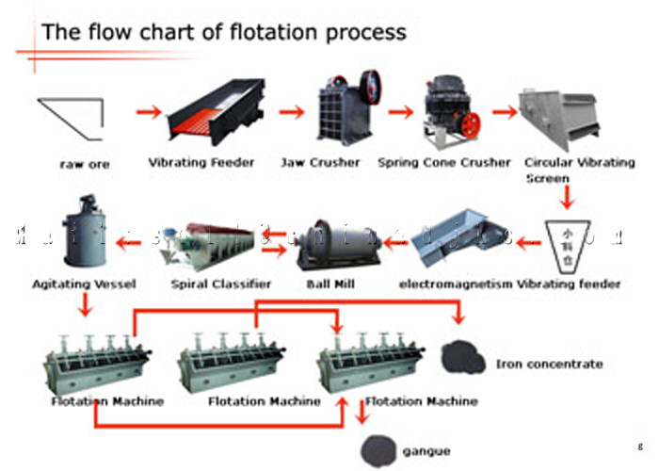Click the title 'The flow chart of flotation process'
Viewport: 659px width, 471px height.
(224, 31)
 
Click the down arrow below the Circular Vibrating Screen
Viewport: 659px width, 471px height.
(566, 196)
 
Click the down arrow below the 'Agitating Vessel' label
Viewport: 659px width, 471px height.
(85, 304)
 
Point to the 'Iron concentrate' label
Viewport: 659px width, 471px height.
(549, 363)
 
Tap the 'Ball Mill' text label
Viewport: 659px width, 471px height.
(323, 284)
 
